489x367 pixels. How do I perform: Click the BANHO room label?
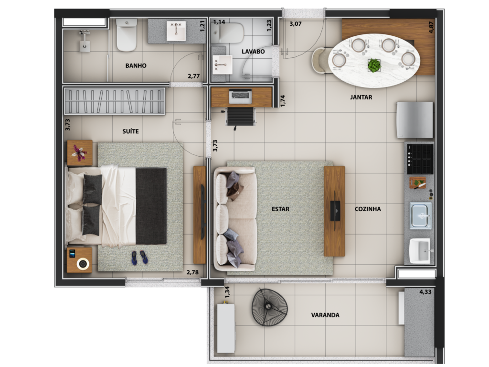pyautogui.click(x=136, y=65)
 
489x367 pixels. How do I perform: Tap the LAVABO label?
pyautogui.click(x=253, y=52)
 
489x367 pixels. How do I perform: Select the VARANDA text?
pyautogui.click(x=325, y=315)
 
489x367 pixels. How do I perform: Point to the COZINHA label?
pyautogui.click(x=368, y=209)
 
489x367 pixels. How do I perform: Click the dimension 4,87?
pyautogui.click(x=431, y=27)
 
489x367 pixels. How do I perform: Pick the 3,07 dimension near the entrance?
pyautogui.click(x=295, y=23)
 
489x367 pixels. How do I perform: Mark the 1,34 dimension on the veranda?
pyautogui.click(x=227, y=292)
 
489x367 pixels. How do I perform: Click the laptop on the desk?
pyautogui.click(x=240, y=96)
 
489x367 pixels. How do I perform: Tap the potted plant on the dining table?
pyautogui.click(x=374, y=65)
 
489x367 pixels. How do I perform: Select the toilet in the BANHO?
pyautogui.click(x=127, y=34)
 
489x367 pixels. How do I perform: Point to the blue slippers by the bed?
pyautogui.click(x=139, y=258)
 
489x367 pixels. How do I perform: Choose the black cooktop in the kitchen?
pyautogui.click(x=420, y=159)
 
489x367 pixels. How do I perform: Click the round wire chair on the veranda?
pyautogui.click(x=269, y=307)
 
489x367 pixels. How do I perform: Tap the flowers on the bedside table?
pyautogui.click(x=79, y=153)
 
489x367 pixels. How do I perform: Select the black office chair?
pyautogui.click(x=240, y=118)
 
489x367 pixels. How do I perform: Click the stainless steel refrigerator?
pyautogui.click(x=415, y=120)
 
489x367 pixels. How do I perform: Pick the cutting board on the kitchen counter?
pyautogui.click(x=417, y=183)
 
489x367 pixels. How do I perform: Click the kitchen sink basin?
pyautogui.click(x=421, y=216)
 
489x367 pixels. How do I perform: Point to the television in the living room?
pyautogui.click(x=336, y=211)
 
